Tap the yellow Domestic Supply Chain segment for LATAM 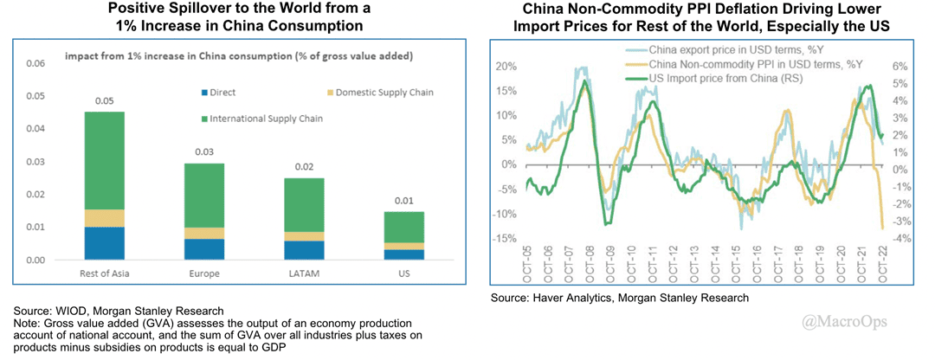click(x=306, y=236)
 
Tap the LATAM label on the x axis click(x=306, y=273)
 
